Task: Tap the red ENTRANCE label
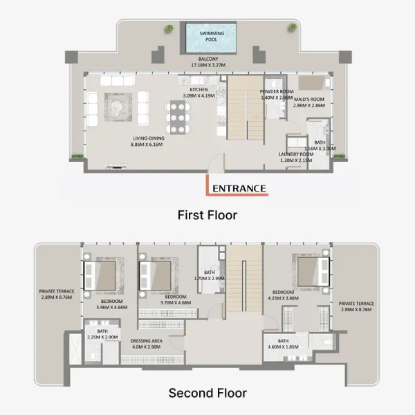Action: (x=239, y=187)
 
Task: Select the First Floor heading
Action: (x=207, y=215)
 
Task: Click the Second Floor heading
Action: (x=207, y=393)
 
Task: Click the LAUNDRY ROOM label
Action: (x=296, y=154)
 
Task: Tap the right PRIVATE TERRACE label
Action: (x=356, y=304)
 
